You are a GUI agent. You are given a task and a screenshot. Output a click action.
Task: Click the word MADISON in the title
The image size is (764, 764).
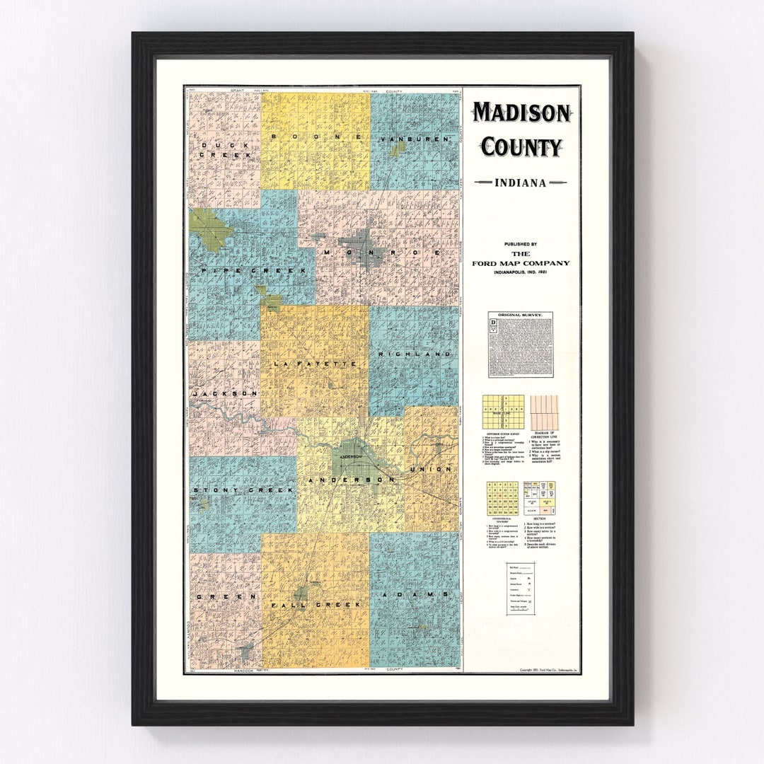521,112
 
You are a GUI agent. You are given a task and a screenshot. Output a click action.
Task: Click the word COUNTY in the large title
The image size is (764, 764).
521,147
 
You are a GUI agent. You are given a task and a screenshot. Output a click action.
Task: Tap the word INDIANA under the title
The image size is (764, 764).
521,183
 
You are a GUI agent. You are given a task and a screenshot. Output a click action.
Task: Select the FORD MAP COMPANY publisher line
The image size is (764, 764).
521,263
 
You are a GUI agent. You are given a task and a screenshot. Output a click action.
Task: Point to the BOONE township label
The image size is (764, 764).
316,136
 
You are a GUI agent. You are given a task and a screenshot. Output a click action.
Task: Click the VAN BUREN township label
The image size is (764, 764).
415,139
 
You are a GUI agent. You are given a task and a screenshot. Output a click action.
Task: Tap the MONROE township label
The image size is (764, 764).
383,253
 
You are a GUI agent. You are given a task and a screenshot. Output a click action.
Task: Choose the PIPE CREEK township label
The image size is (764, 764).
253,271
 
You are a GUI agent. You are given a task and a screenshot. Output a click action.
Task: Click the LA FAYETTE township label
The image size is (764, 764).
315,364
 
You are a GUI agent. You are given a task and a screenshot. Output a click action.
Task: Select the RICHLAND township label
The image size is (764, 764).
415,353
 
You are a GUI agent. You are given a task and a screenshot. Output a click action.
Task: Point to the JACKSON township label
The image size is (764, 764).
224,393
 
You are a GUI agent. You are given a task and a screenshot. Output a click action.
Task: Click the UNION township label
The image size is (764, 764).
430,469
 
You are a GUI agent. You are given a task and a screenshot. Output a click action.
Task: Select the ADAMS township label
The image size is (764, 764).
415,595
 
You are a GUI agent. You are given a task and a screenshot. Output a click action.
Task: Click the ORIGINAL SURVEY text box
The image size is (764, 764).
521,345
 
